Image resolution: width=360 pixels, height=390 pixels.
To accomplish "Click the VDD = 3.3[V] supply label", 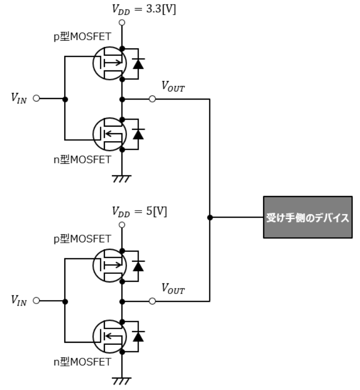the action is pyautogui.click(x=144, y=10).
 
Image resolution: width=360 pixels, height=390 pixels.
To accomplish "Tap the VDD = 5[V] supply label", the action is pyautogui.click(x=140, y=212).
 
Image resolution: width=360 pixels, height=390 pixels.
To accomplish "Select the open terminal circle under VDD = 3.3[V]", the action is pyautogui.click(x=122, y=23).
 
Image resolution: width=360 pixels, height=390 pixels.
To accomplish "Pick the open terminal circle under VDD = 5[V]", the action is pyautogui.click(x=122, y=225).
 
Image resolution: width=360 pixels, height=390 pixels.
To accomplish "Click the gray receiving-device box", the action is pyautogui.click(x=308, y=217).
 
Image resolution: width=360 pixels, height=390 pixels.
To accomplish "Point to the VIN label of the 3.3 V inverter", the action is pyautogui.click(x=19, y=98).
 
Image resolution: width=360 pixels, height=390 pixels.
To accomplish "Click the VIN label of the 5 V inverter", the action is pyautogui.click(x=19, y=300).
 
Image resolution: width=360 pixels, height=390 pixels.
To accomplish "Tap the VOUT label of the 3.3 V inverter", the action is pyautogui.click(x=173, y=86).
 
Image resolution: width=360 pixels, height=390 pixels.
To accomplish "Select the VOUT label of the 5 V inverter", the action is pyautogui.click(x=173, y=289).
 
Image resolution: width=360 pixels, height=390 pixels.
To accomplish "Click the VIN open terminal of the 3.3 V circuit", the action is pyautogui.click(x=36, y=98).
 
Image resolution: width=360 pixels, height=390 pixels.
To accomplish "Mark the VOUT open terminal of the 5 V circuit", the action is pyautogui.click(x=152, y=301).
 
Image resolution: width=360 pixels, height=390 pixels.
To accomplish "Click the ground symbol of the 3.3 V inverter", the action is pyautogui.click(x=122, y=179).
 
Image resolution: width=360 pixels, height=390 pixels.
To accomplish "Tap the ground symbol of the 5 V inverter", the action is pyautogui.click(x=122, y=381).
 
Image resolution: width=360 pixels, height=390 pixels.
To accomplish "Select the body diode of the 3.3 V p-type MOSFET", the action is pyautogui.click(x=138, y=64).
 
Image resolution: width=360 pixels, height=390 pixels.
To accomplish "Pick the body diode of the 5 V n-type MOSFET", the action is pyautogui.click(x=138, y=337).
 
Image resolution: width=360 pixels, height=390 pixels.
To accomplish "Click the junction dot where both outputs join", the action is pyautogui.click(x=210, y=218).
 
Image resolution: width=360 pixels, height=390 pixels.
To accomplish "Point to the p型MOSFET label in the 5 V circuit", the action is pyautogui.click(x=82, y=239).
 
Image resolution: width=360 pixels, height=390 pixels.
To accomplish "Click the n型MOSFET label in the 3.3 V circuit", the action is pyautogui.click(x=82, y=160).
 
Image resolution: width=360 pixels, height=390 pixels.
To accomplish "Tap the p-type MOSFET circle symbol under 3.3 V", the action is pyautogui.click(x=93, y=63).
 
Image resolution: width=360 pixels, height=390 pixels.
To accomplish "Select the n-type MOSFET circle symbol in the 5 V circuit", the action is pyautogui.click(x=93, y=336).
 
